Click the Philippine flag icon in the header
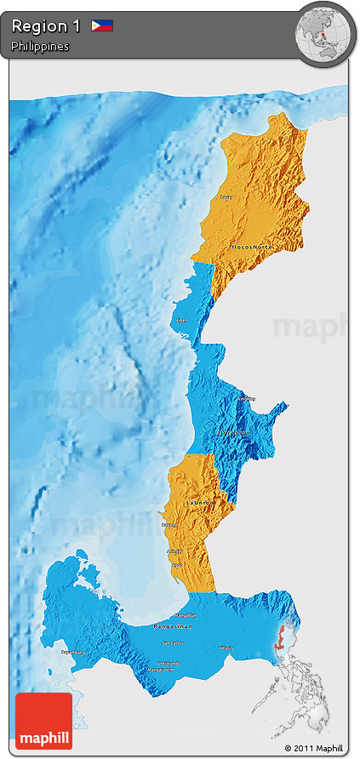(x=102, y=26)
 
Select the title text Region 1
(x=46, y=26)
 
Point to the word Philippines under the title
(x=40, y=47)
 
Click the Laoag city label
(x=226, y=197)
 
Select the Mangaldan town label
(x=186, y=615)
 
